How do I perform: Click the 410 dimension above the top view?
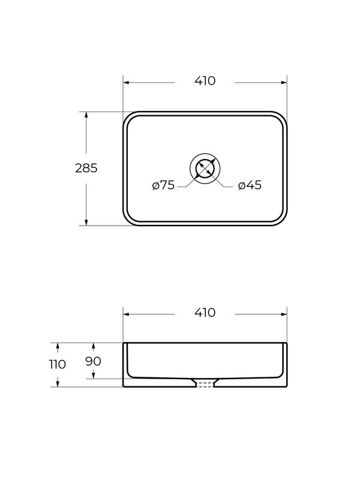pyautogui.click(x=205, y=81)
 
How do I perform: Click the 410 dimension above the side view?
pyautogui.click(x=205, y=313)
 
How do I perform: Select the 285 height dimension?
pyautogui.click(x=86, y=168)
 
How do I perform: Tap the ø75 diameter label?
pyautogui.click(x=163, y=185)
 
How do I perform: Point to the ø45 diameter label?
pyautogui.click(x=250, y=185)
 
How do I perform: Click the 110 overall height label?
pyautogui.click(x=58, y=364)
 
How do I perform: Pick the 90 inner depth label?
pyautogui.click(x=94, y=361)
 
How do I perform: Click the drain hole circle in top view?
pyautogui.click(x=205, y=169)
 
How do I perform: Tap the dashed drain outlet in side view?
pyautogui.click(x=205, y=384)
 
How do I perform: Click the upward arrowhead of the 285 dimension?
pyautogui.click(x=86, y=115)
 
